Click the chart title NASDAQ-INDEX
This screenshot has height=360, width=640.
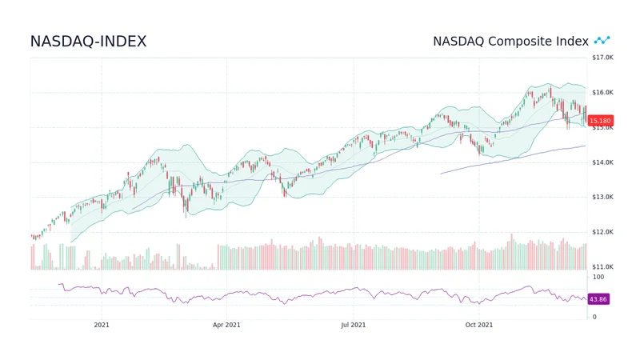coord(88,42)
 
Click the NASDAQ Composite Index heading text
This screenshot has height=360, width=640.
coord(510,41)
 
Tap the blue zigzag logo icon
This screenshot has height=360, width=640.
coord(602,40)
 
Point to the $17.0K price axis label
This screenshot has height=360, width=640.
coord(602,58)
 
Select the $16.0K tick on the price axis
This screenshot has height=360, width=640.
coord(602,93)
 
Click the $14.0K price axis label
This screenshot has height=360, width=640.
coord(602,162)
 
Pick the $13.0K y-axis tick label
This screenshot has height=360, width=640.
coord(602,197)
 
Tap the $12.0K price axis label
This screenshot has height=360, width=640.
coord(602,232)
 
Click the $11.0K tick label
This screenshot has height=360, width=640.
coord(602,266)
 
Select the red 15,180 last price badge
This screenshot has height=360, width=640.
coord(600,121)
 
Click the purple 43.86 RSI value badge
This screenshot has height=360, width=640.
coord(598,299)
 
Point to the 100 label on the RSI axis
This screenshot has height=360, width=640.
coord(598,277)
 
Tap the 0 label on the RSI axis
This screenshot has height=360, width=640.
coord(593,317)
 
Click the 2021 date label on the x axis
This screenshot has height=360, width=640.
coord(102,325)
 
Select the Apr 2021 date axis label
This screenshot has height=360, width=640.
coord(226,325)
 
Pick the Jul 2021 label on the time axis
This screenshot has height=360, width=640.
coord(353,325)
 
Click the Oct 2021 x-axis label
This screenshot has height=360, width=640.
coord(479,325)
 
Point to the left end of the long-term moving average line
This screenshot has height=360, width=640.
coord(441,174)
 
